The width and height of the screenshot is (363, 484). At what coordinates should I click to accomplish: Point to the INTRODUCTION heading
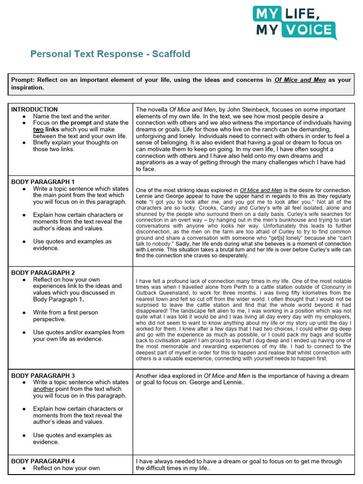click(35, 109)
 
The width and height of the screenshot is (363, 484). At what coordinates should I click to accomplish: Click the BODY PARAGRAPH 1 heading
click(43, 181)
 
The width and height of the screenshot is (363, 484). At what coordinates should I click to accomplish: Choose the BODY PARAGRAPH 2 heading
click(43, 273)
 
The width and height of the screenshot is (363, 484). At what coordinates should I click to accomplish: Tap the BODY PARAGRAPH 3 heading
click(43, 376)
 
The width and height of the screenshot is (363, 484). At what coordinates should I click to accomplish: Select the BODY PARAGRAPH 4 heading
click(43, 461)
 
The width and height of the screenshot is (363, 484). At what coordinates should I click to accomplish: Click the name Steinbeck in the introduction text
click(230, 109)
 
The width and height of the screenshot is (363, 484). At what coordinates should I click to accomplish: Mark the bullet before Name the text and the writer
click(24, 116)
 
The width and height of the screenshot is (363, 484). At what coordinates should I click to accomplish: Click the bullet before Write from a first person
click(24, 312)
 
